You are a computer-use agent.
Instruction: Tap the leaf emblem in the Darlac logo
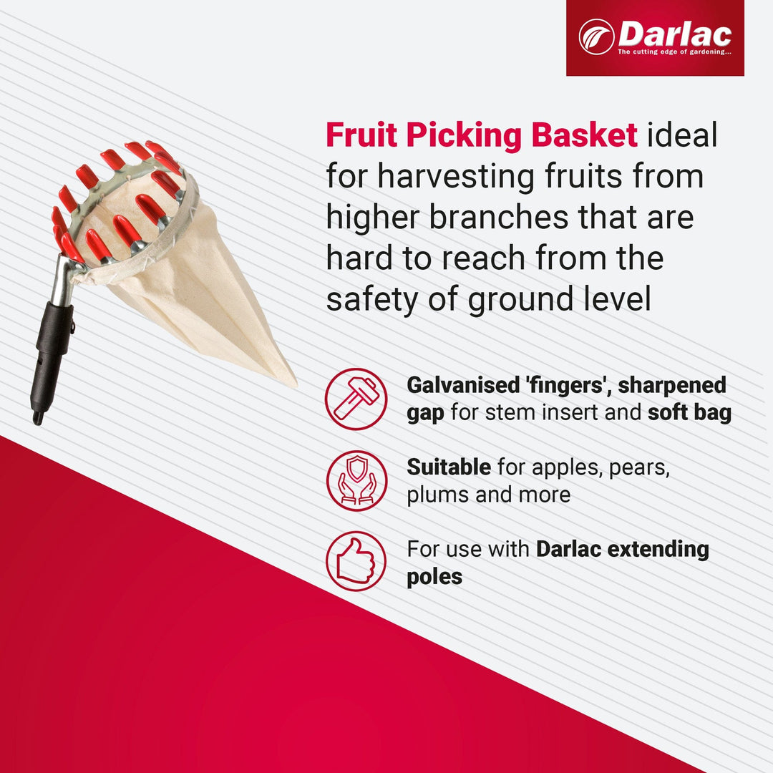(596, 37)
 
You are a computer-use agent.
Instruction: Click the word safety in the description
(365, 300)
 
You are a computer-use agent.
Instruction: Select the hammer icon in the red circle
(356, 399)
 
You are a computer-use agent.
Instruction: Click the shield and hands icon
(356, 480)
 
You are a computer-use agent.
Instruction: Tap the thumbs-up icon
(356, 561)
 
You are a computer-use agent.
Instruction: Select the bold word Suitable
(449, 467)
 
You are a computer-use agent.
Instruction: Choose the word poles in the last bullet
(434, 577)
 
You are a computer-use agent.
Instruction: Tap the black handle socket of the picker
(52, 351)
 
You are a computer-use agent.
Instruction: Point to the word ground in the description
(526, 300)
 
